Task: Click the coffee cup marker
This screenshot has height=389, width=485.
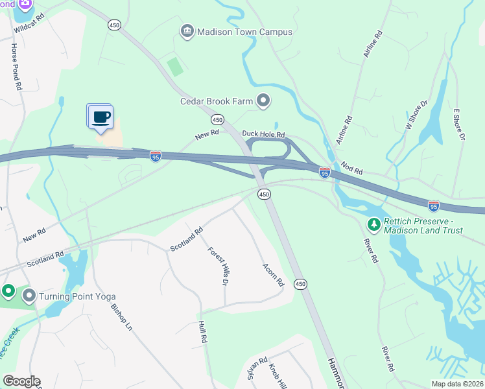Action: (x=100, y=117)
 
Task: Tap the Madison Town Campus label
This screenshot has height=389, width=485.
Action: (x=244, y=32)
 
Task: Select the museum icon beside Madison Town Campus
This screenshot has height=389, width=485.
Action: (x=187, y=32)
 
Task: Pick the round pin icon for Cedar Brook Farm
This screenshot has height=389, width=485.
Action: (x=263, y=100)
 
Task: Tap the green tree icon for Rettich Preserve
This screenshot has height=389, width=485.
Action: (x=373, y=225)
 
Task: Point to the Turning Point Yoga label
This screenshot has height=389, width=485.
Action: (x=71, y=296)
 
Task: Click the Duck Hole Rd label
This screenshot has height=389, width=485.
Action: (x=264, y=134)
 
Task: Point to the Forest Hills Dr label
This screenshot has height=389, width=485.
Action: (x=219, y=266)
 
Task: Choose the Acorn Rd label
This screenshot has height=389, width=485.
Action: (x=273, y=275)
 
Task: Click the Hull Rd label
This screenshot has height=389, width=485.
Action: (x=203, y=331)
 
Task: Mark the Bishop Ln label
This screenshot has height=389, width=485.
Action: (x=121, y=318)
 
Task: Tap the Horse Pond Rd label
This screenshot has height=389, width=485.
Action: (x=16, y=66)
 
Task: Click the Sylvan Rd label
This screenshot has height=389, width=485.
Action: (x=257, y=369)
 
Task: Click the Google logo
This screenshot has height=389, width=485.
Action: (x=21, y=381)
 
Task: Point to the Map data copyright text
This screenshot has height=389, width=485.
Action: (x=457, y=384)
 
